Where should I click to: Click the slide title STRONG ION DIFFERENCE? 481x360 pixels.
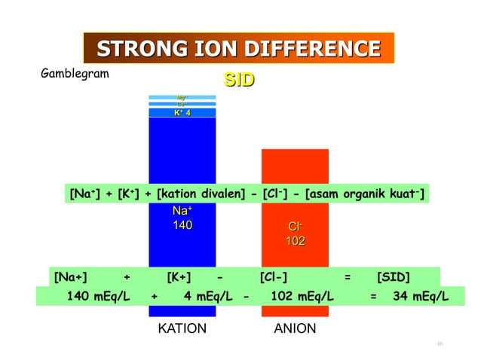(x=238, y=50)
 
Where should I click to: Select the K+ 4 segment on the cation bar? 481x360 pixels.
(x=182, y=113)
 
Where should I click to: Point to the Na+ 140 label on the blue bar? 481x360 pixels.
(x=182, y=218)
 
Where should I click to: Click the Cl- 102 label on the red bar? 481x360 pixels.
(x=295, y=233)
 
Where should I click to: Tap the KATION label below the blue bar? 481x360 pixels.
(x=182, y=329)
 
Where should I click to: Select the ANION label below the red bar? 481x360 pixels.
(x=295, y=329)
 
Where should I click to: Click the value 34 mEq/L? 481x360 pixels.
(x=421, y=296)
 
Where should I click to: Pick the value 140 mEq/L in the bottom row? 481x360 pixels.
(x=99, y=296)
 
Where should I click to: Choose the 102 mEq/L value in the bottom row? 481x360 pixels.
(x=301, y=296)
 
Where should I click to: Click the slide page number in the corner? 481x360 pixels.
(x=439, y=344)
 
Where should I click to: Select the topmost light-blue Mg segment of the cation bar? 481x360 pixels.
(x=182, y=97)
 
